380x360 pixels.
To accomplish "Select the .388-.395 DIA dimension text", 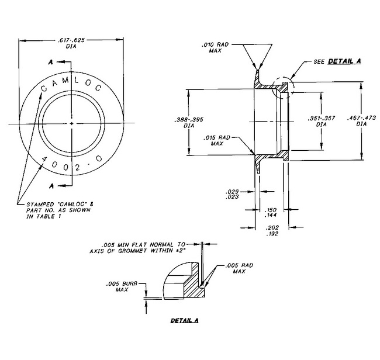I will [x=189, y=122].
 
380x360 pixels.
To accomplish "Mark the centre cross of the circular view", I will [x=71, y=124].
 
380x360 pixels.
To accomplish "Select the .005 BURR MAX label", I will [x=122, y=286].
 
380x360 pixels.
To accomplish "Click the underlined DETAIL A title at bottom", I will [x=184, y=321].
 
